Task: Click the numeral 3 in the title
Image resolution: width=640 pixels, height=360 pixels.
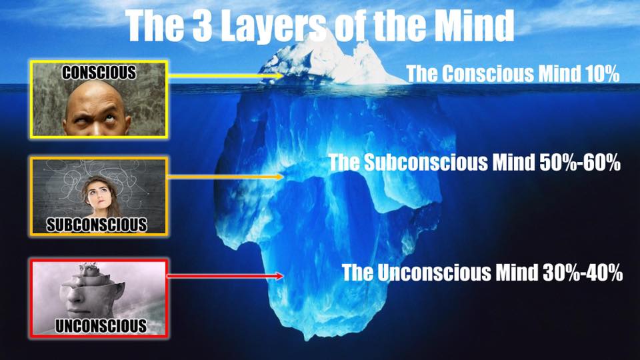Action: pyautogui.click(x=202, y=25)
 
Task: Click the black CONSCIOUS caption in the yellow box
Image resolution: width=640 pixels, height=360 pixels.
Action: pyautogui.click(x=99, y=72)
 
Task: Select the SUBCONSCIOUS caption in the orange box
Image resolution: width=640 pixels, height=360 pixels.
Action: pyautogui.click(x=97, y=225)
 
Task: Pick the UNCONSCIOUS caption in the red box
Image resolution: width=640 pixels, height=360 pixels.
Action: pyautogui.click(x=101, y=326)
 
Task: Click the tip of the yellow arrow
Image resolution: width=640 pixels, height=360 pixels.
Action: pyautogui.click(x=283, y=75)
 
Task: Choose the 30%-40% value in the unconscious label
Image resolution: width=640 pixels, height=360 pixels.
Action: pyautogui.click(x=583, y=272)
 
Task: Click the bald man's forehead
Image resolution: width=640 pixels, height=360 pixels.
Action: pyautogui.click(x=97, y=99)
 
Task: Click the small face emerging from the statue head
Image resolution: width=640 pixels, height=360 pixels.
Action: pyautogui.click(x=91, y=269)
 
